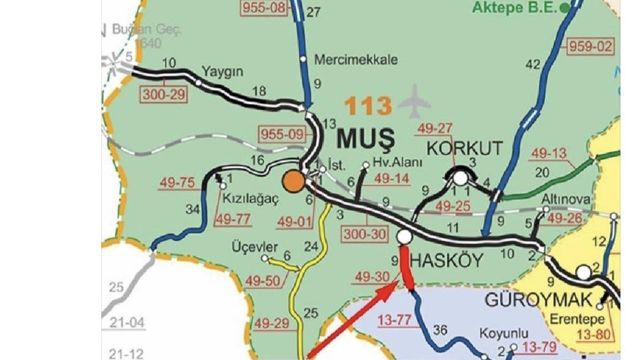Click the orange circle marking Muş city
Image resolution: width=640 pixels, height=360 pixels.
[x=293, y=181]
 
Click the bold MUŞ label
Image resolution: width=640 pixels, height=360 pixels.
[x=365, y=138]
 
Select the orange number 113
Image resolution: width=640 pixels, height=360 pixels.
[x=368, y=106]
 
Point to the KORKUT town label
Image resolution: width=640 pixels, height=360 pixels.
[x=464, y=148]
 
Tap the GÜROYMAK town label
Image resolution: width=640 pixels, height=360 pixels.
[x=538, y=300]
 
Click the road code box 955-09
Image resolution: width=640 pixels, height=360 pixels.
[x=282, y=134]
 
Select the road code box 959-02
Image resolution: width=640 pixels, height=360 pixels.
[x=590, y=46]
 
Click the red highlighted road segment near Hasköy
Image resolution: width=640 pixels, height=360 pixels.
[x=406, y=267]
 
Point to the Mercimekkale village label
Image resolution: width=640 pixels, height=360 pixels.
[x=355, y=60]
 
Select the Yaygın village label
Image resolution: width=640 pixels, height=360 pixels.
[x=222, y=71]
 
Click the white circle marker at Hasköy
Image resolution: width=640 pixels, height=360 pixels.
[x=404, y=236]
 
